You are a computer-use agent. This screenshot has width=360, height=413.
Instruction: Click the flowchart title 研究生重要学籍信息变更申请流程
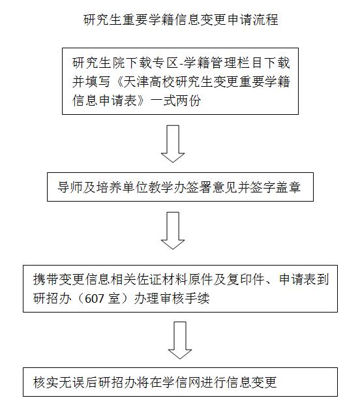181,20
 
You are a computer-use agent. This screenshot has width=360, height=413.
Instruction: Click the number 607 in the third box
90,299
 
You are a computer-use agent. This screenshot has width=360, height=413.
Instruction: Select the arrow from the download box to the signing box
173,144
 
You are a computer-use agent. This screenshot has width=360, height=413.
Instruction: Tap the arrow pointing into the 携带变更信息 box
173,231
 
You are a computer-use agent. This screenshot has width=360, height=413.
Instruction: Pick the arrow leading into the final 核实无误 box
180,341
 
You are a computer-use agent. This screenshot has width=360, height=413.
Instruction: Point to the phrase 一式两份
175,100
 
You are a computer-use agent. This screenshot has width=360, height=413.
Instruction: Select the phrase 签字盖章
275,187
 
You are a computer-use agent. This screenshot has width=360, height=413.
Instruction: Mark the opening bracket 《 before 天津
117,82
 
